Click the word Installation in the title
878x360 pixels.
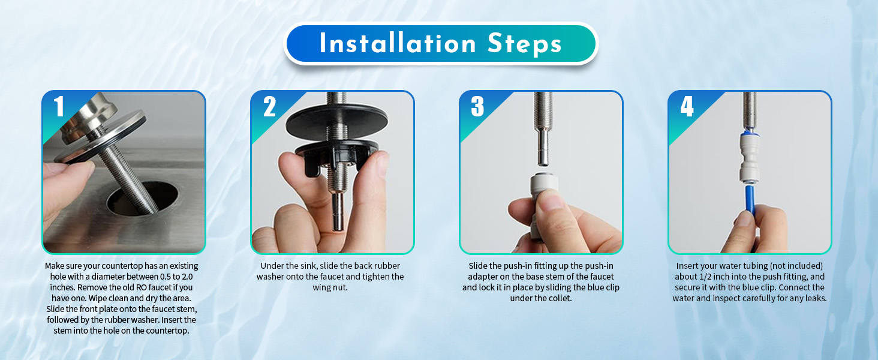pyautogui.click(x=398, y=43)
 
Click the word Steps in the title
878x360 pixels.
pyautogui.click(x=524, y=44)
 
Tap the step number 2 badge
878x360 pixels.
pyautogui.click(x=269, y=106)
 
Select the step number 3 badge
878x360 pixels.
pyautogui.click(x=477, y=106)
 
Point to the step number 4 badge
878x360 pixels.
pyautogui.click(x=687, y=106)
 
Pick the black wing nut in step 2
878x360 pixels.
pyautogui.click(x=336, y=157)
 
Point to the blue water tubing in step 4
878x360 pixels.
pyautogui.click(x=750, y=208)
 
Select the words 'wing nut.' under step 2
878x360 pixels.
pyautogui.click(x=330, y=287)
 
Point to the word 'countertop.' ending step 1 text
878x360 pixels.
pyautogui.click(x=167, y=331)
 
